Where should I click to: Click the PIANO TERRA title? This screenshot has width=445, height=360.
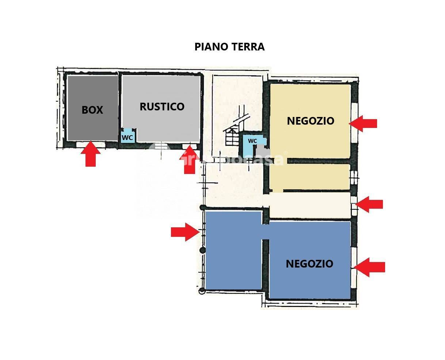(229, 47)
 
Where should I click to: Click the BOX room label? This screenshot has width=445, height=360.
(92, 110)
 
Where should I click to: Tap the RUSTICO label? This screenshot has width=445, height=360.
(162, 107)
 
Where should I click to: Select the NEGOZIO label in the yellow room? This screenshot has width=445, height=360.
(311, 121)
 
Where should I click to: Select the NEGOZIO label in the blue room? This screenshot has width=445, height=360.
(309, 264)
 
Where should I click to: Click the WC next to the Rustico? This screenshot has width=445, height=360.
(127, 138)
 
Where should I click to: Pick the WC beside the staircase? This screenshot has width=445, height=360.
(252, 141)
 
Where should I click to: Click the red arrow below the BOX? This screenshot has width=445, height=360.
(90, 155)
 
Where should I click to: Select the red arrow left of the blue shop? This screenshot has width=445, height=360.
(185, 232)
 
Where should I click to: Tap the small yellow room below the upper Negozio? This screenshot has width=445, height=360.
(309, 177)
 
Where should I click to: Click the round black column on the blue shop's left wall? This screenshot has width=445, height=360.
(202, 250)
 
